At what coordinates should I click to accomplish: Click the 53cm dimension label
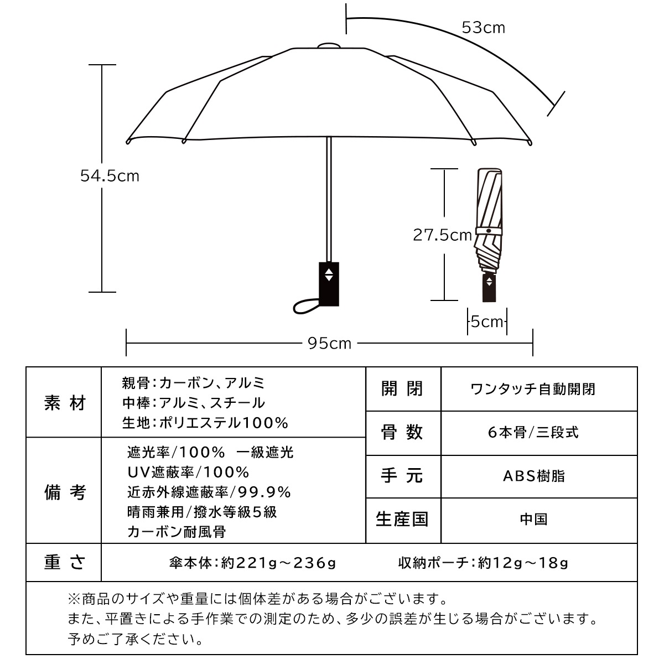click(483, 28)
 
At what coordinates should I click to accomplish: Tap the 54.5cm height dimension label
click(110, 176)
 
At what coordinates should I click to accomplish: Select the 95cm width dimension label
click(329, 344)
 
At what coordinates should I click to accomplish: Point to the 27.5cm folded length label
click(443, 235)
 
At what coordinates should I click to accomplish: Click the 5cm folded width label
click(487, 322)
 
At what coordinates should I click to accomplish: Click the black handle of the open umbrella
click(329, 284)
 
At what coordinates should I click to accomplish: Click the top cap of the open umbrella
click(329, 46)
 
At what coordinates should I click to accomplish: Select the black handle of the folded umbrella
click(489, 288)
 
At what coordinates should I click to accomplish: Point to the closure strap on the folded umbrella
click(489, 231)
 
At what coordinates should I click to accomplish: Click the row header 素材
click(65, 403)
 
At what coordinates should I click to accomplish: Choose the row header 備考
click(65, 492)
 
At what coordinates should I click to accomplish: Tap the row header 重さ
click(65, 563)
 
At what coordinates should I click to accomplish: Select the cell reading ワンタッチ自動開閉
click(533, 389)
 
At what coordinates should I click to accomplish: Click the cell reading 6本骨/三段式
click(533, 433)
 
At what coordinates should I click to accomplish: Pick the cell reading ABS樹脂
click(534, 476)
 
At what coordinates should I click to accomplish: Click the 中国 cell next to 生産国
click(534, 519)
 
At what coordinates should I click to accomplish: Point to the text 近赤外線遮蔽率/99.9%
click(209, 492)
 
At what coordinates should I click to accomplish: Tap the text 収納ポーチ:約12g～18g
click(483, 563)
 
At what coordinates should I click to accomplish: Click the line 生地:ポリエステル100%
click(205, 423)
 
